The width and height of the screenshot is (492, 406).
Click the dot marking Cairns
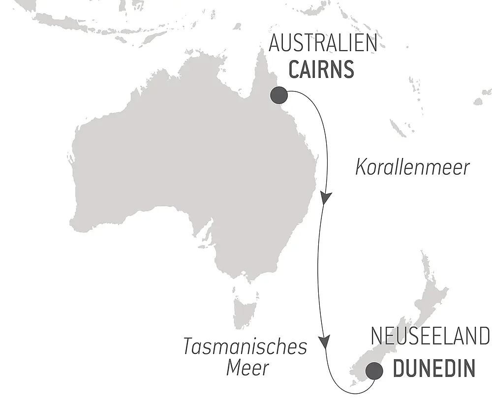(x=279, y=94)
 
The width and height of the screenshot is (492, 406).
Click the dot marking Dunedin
(x=374, y=370)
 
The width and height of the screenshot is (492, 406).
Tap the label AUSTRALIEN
(x=323, y=44)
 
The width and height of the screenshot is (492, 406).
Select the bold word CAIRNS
(x=321, y=70)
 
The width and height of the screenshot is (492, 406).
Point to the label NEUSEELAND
(x=430, y=337)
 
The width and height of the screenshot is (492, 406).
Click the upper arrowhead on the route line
(x=326, y=198)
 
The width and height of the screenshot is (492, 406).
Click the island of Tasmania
(x=245, y=310)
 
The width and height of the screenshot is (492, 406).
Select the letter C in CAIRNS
(x=294, y=70)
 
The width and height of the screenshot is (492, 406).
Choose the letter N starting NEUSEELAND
(x=376, y=337)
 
